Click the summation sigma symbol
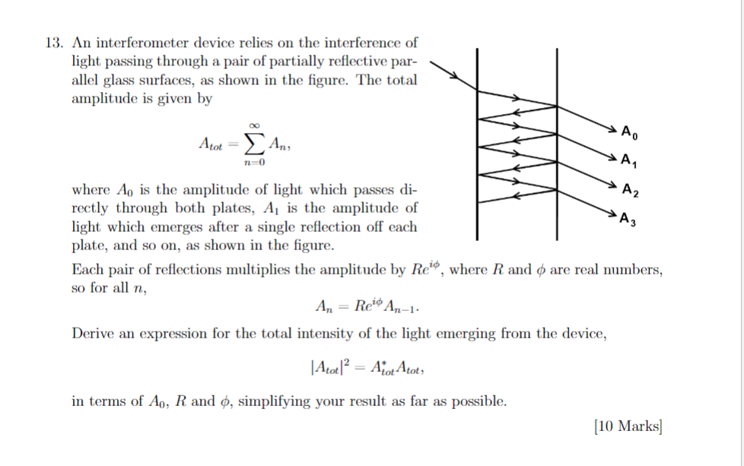click(254, 142)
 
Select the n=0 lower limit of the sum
click(254, 162)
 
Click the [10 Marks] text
click(628, 427)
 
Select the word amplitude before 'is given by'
click(106, 99)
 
